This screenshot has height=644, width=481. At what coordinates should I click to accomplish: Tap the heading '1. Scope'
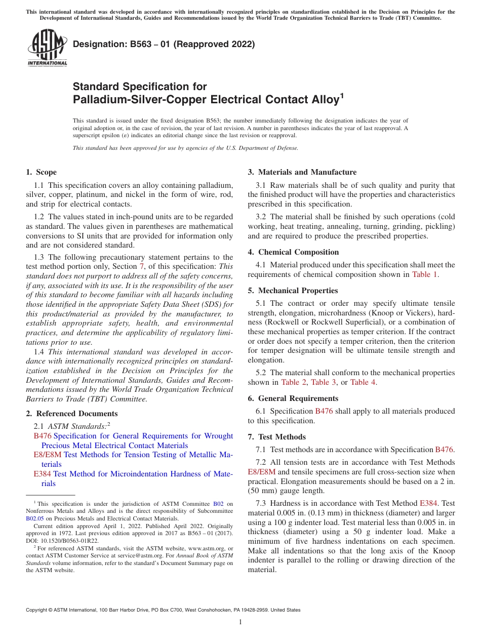click(42, 172)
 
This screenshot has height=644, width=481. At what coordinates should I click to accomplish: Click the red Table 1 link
click(425, 274)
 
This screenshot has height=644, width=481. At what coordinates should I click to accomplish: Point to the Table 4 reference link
click(363, 382)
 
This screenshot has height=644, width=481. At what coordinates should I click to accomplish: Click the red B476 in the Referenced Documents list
click(43, 436)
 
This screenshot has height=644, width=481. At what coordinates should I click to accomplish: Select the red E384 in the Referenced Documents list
click(43, 474)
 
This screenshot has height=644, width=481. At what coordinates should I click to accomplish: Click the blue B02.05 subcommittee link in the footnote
click(35, 518)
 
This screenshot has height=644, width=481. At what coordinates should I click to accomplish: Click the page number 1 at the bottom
click(240, 622)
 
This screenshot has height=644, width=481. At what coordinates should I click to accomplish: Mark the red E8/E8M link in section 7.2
click(262, 472)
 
